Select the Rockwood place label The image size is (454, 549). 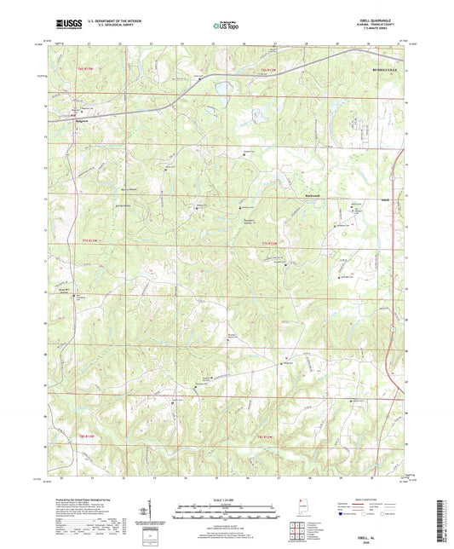pos(319,194)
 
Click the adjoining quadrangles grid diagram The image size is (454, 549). pos(297,529)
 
